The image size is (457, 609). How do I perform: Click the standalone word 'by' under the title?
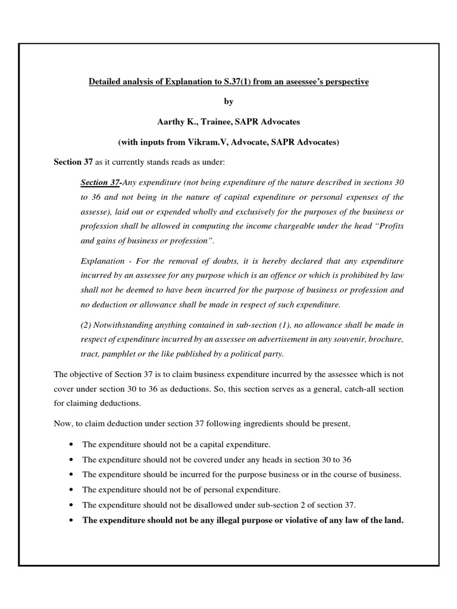[x=228, y=101]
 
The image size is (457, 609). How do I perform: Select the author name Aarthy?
[x=172, y=121]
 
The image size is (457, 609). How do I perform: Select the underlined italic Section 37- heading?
[x=101, y=181]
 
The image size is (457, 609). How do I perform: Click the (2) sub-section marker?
[x=86, y=325]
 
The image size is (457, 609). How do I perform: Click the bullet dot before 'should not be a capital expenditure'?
[x=72, y=444]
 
